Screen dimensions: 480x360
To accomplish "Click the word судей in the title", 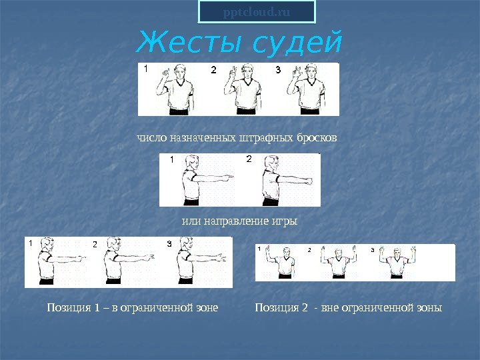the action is pyautogui.click(x=296, y=43).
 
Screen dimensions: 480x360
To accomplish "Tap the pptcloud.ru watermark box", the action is pyautogui.click(x=257, y=12).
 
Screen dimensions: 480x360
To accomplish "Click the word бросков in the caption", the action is pyautogui.click(x=317, y=137).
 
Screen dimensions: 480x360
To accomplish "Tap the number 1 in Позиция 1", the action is pyautogui.click(x=97, y=307).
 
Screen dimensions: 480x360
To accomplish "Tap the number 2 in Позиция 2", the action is pyautogui.click(x=304, y=307).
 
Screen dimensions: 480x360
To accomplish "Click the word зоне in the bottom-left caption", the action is pyautogui.click(x=207, y=307).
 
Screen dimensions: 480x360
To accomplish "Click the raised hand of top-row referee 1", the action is pyautogui.click(x=165, y=73).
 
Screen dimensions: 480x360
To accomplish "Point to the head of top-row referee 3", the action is pyautogui.click(x=311, y=72).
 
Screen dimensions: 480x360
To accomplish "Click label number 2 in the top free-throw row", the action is pyautogui.click(x=214, y=70).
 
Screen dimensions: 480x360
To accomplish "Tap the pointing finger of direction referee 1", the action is pyautogui.click(x=228, y=176).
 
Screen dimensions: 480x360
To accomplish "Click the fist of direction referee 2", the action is pyautogui.click(x=309, y=181).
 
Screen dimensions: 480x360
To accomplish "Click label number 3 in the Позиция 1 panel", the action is pyautogui.click(x=169, y=244).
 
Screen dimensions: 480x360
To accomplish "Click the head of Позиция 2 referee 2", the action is pyautogui.click(x=338, y=253).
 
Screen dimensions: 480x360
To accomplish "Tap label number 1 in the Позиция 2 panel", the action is pyautogui.click(x=259, y=249).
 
